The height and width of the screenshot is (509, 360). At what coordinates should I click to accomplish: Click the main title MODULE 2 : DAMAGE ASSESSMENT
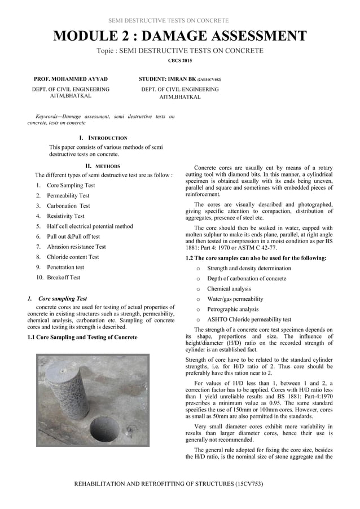pos(180,37)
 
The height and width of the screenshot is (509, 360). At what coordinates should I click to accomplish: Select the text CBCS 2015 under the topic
pos(180,60)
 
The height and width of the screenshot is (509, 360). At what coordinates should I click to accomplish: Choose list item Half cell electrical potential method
pos(90,226)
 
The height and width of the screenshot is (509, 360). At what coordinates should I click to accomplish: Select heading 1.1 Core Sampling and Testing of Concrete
pos(82,337)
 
